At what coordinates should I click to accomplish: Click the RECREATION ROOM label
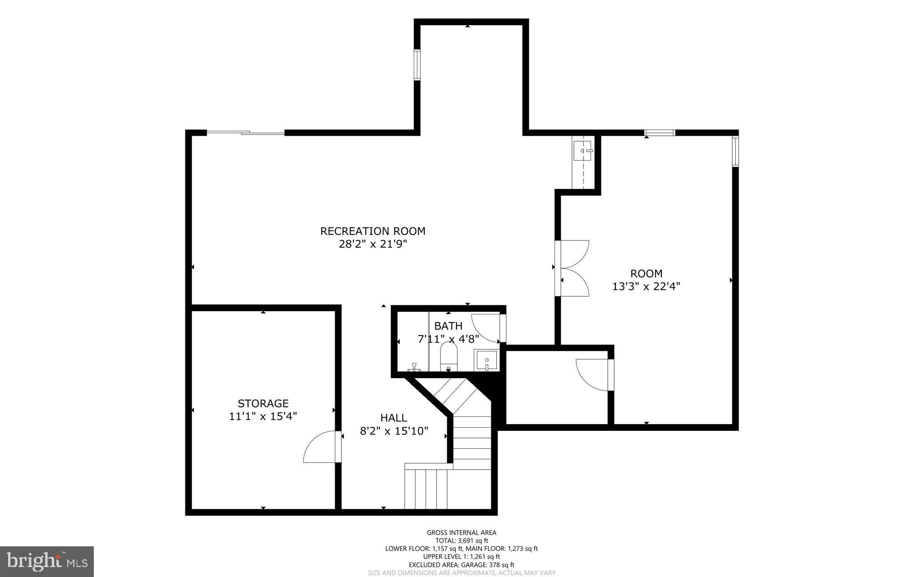coord(373,231)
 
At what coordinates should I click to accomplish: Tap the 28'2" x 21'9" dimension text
coord(373,245)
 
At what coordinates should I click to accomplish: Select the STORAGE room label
coord(263,403)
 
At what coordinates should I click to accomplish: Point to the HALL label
coord(393,418)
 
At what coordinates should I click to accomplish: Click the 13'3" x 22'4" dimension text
coord(646,286)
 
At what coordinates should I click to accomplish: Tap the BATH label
coord(448,326)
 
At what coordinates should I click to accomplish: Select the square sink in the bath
coord(487,360)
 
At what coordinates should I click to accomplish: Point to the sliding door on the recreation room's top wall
coord(246,133)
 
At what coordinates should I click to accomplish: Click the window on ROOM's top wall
coord(660,133)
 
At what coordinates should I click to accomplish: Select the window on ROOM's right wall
coord(735,151)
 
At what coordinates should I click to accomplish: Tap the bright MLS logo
coord(47,561)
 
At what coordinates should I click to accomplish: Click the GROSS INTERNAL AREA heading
coord(462,533)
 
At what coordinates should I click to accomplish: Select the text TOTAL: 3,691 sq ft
coord(462,540)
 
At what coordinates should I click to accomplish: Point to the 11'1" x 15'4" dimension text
coord(263,416)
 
